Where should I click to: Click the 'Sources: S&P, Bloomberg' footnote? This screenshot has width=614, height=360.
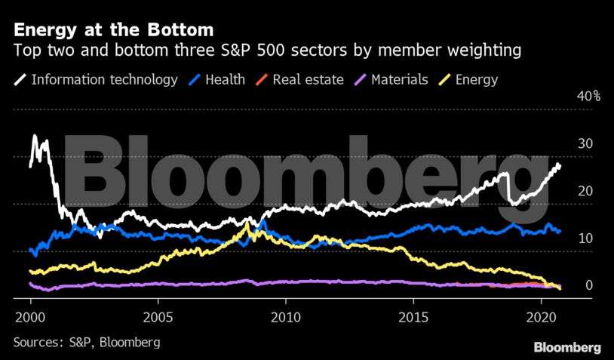coord(87,342)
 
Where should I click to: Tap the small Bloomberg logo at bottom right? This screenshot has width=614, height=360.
coord(567,347)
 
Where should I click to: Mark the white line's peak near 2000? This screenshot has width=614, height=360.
coord(34,137)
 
